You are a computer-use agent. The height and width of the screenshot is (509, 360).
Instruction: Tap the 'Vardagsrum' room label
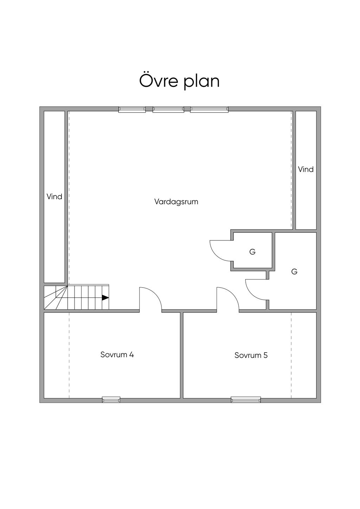(176, 201)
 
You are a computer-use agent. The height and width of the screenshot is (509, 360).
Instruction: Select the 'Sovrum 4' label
(117, 354)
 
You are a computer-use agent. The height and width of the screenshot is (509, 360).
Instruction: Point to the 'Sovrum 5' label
(251, 355)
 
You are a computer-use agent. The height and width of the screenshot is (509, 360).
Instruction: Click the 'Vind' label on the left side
(54, 196)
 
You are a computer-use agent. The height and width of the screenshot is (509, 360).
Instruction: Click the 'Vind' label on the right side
(306, 169)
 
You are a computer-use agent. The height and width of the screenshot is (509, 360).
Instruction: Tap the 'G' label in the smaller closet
(252, 252)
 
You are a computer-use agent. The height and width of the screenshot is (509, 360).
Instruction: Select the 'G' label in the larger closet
(294, 271)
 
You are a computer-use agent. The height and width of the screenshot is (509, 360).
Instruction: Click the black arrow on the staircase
(105, 298)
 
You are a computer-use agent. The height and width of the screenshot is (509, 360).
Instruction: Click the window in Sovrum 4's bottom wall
(111, 399)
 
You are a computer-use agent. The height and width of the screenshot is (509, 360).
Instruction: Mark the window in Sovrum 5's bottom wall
(246, 399)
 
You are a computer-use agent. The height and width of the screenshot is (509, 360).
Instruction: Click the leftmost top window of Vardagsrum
(132, 110)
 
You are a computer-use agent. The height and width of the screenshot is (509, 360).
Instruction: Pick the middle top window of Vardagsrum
(168, 110)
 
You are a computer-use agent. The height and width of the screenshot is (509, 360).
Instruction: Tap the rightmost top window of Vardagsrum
(209, 110)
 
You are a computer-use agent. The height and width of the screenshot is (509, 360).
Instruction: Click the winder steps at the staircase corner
(56, 298)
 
